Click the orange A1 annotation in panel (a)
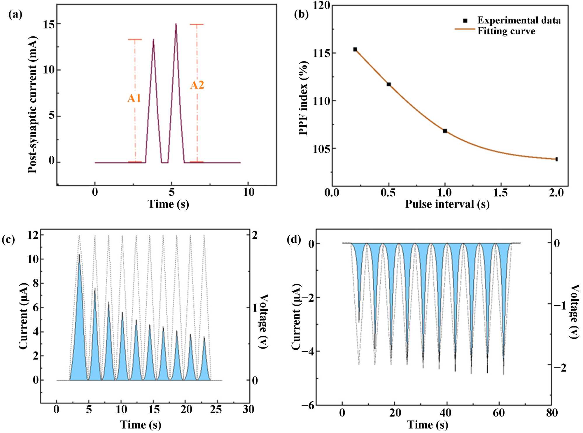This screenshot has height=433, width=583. point(134,98)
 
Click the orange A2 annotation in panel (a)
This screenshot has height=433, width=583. point(197,85)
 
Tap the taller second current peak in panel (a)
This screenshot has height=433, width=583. point(176,24)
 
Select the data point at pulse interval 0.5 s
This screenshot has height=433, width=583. point(389,84)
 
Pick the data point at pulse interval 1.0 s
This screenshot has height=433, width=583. point(445,131)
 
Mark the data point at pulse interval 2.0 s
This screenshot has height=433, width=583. point(556,159)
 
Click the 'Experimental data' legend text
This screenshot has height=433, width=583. point(519,20)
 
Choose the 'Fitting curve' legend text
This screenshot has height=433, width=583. point(506,31)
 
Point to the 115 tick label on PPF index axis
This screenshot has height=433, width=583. point(321,54)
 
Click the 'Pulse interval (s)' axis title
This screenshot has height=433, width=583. point(447,204)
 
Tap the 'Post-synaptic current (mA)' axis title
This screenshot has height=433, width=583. point(33,105)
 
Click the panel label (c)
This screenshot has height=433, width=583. point(8,239)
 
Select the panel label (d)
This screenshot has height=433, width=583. point(294,239)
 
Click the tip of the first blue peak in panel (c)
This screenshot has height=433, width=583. point(79,255)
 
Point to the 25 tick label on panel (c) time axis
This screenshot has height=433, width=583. point(216,409)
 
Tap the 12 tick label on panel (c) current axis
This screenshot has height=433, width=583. point(33,235)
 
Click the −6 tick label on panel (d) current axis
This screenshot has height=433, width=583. point(308,406)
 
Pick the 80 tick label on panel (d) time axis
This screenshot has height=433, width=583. point(552,413)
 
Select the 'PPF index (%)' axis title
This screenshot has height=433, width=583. point(304,98)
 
